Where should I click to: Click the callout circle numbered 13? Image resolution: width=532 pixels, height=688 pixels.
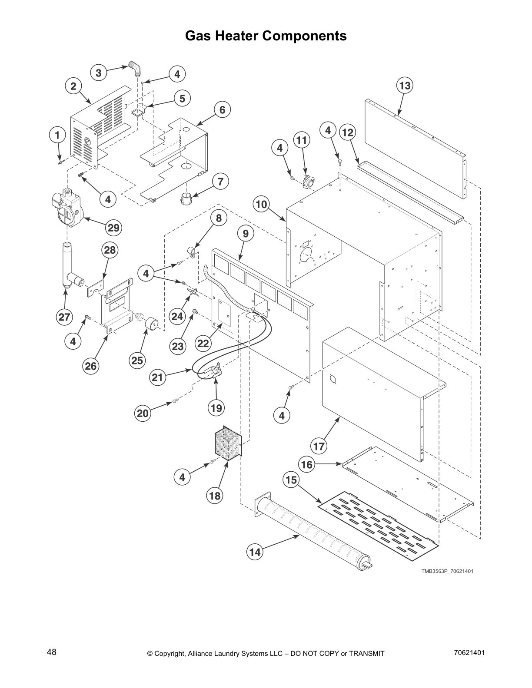coord(405,86)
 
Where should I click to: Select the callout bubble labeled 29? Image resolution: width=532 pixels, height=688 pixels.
coord(113,228)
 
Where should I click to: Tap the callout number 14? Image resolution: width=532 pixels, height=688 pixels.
coord(255,552)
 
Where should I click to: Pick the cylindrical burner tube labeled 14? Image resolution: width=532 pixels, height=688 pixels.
coord(313,534)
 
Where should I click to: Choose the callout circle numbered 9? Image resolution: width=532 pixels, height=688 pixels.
coord(246,234)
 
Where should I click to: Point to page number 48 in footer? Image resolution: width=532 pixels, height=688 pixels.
coord(52,652)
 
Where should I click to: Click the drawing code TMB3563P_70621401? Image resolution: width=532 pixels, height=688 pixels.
coord(446,571)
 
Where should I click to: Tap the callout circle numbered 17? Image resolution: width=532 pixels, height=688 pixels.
coord(319,446)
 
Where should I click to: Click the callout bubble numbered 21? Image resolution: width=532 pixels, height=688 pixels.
coord(157,377)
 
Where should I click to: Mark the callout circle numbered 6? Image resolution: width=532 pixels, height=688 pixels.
coord(222,110)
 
